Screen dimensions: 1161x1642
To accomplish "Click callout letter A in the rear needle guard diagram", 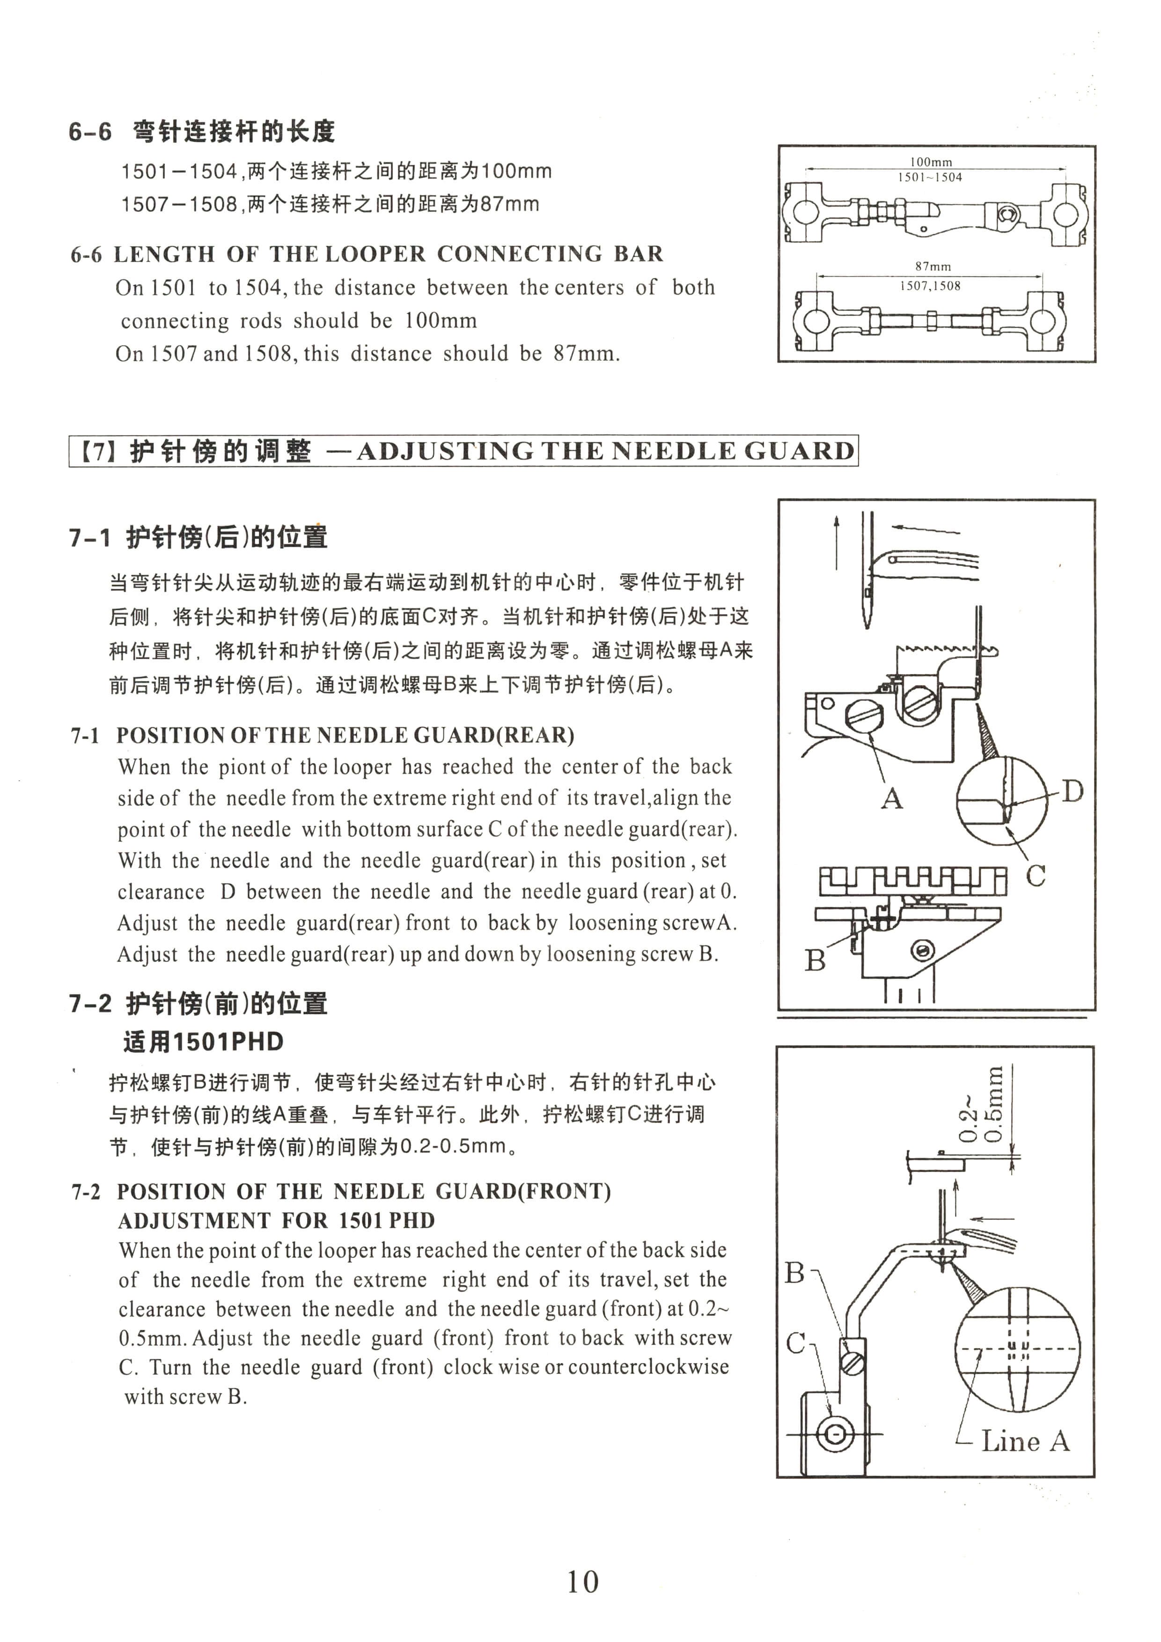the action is click(891, 798).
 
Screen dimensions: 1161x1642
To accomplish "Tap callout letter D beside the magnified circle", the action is click(1072, 792).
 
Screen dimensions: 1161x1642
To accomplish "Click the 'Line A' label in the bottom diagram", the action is click(1025, 1441).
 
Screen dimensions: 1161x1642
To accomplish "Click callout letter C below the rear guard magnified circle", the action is click(1035, 875).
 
